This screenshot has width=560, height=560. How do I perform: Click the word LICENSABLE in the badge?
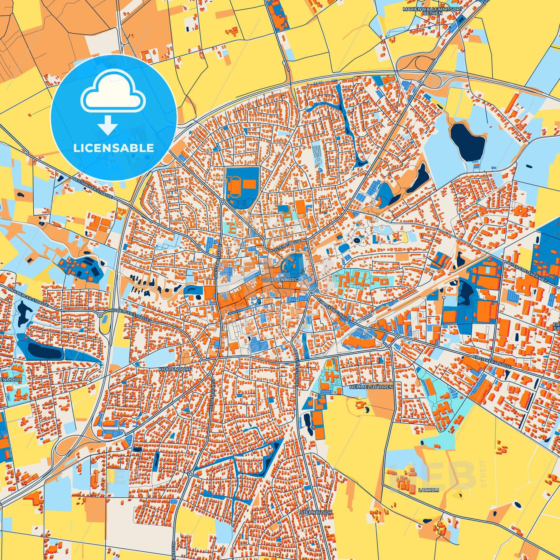[x=113, y=148]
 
